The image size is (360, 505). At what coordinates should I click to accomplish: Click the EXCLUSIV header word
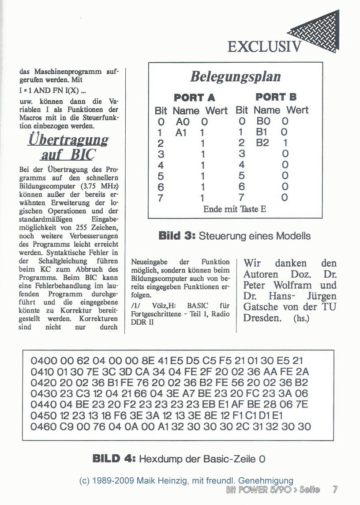click(x=264, y=46)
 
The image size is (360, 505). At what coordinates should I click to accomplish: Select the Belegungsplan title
click(x=235, y=77)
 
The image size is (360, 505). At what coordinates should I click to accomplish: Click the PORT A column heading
click(x=194, y=98)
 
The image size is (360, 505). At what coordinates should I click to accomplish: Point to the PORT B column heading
click(x=276, y=97)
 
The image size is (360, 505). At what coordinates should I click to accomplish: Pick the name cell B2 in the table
click(x=262, y=143)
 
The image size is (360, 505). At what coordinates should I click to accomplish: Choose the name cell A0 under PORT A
click(x=183, y=121)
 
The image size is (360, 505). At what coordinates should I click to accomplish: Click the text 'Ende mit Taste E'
click(x=235, y=209)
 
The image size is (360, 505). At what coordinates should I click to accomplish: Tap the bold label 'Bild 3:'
click(x=176, y=236)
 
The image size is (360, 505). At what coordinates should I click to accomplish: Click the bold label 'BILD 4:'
click(x=114, y=459)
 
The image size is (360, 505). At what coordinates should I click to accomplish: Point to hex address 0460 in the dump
click(x=43, y=426)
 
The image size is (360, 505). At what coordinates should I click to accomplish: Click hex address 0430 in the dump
click(x=43, y=394)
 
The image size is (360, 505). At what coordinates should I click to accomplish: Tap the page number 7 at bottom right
click(x=335, y=489)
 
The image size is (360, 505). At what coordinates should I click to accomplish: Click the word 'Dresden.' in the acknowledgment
click(x=262, y=318)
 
